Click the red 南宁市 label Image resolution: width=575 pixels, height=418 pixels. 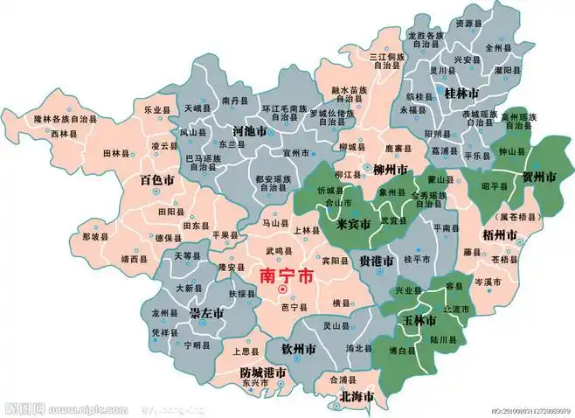[287, 275]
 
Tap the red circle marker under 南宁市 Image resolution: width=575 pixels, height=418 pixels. [281, 289]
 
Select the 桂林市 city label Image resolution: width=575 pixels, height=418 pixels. [461, 93]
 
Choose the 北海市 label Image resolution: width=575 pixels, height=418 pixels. [356, 397]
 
